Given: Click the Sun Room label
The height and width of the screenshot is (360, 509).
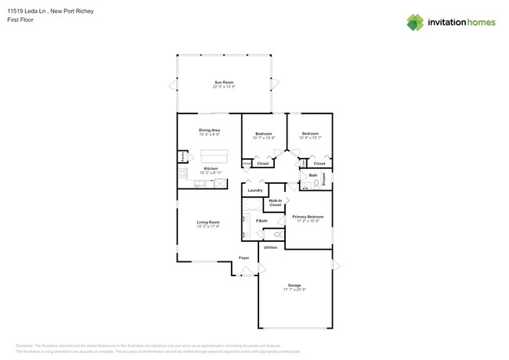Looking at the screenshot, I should point(224,82).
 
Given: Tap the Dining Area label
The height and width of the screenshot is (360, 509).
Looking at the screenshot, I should point(209,130).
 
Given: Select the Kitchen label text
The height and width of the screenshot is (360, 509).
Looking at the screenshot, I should point(211,168).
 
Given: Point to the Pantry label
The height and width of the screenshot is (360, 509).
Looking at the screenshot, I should point(183,157).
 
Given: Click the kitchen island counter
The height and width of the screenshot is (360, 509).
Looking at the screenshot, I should point(215,154).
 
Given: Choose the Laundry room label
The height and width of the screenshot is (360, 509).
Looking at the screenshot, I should point(255,190).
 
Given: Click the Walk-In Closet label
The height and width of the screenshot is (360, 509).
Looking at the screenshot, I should point(275,203).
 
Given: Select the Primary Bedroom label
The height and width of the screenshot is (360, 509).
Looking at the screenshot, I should point(308,216).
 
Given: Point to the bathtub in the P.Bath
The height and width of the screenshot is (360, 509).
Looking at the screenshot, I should point(251,206).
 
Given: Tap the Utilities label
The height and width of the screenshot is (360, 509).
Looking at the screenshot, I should point(270,247).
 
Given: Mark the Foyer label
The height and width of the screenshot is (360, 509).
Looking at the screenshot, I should point(244,257).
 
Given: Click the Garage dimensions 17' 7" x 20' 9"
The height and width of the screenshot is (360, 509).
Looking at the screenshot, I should point(294,290).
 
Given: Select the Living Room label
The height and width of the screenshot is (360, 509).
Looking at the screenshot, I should point(208,222).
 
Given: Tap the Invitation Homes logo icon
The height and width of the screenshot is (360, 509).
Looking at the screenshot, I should point(415,22).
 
